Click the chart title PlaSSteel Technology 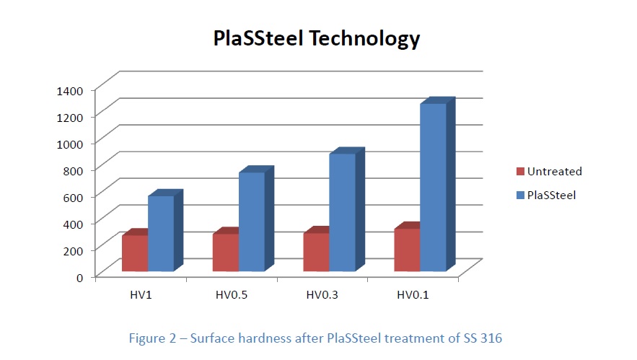pos(316,39)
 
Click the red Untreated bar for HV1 pos(135,253)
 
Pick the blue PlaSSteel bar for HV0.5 pos(252,221)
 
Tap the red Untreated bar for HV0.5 pos(226,253)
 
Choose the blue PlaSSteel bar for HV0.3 pos(343,212)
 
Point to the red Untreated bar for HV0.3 pos(317,252)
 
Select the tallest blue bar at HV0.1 pos(433,188)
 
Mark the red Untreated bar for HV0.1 pos(407,250)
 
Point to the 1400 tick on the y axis pos(71,90)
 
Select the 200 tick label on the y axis pos(74,250)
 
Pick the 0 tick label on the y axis pos(80,276)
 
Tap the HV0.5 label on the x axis pos(232,294)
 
